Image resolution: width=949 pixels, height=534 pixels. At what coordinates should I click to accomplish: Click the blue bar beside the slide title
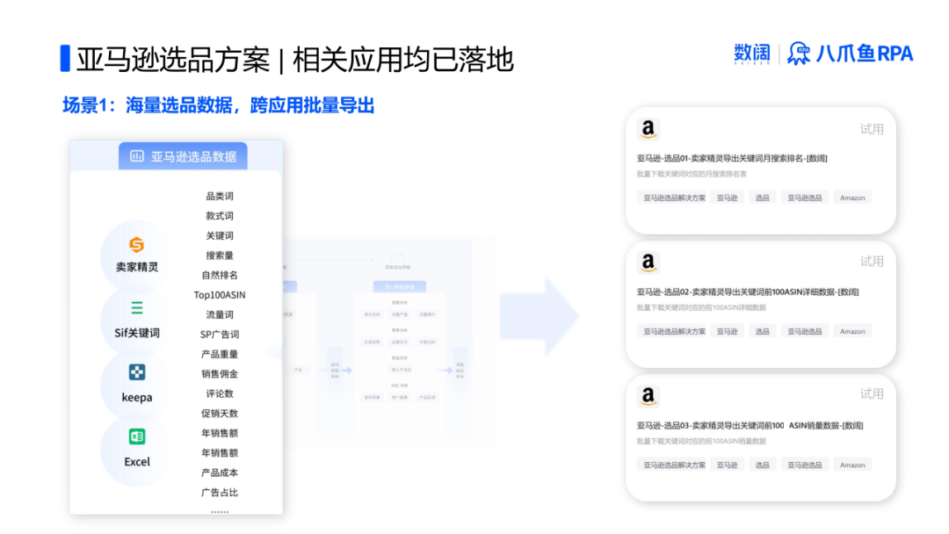(x=64, y=58)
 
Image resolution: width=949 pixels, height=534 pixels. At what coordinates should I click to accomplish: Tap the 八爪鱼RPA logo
(x=851, y=54)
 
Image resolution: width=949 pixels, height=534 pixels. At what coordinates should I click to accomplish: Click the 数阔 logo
(x=751, y=54)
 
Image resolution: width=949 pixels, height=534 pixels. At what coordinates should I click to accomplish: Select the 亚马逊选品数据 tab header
(x=184, y=156)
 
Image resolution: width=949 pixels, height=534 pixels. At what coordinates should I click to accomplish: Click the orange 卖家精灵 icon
(x=136, y=244)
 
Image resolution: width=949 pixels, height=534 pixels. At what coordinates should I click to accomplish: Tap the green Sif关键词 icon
(x=137, y=308)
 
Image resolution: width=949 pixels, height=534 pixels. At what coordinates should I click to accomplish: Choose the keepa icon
(x=137, y=372)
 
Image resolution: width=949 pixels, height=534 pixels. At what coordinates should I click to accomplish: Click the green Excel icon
(x=137, y=437)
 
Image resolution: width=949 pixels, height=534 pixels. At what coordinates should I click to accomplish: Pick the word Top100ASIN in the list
(x=220, y=295)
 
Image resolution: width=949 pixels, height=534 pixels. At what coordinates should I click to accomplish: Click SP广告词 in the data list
(x=220, y=335)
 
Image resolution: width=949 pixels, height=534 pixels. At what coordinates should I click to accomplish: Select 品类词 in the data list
(x=220, y=197)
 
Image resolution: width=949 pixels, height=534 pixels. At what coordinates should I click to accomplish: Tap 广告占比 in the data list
(x=220, y=493)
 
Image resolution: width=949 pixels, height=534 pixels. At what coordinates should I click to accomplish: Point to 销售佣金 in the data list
(x=220, y=374)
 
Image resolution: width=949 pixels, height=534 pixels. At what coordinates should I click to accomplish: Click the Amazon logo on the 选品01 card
(x=648, y=130)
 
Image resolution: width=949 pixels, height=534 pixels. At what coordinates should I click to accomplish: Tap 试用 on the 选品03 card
(x=872, y=394)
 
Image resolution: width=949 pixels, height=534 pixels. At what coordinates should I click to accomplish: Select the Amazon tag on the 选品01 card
(x=852, y=198)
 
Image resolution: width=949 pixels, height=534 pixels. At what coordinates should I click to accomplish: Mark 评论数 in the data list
(x=220, y=393)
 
